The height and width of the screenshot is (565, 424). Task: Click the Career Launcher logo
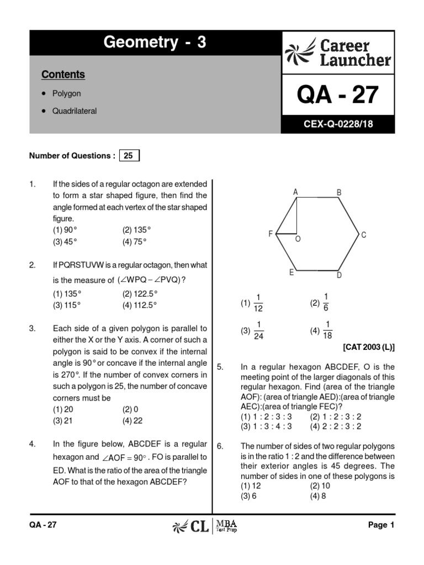click(x=338, y=52)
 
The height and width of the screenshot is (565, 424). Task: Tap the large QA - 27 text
click(x=338, y=95)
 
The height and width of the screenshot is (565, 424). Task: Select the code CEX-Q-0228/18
click(x=338, y=125)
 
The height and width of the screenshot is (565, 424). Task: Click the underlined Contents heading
click(x=63, y=74)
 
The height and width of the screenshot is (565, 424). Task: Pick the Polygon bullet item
click(x=66, y=94)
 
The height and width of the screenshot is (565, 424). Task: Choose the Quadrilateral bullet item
click(x=75, y=111)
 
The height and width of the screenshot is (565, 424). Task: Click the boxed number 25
click(x=128, y=156)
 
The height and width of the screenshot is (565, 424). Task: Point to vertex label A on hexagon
click(x=296, y=192)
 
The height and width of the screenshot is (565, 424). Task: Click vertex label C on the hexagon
click(x=363, y=235)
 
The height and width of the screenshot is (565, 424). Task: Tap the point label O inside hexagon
click(x=298, y=239)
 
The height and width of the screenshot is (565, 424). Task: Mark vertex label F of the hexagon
click(x=271, y=234)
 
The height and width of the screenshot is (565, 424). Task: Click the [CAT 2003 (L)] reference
click(x=369, y=348)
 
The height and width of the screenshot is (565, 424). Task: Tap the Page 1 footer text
click(x=381, y=525)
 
